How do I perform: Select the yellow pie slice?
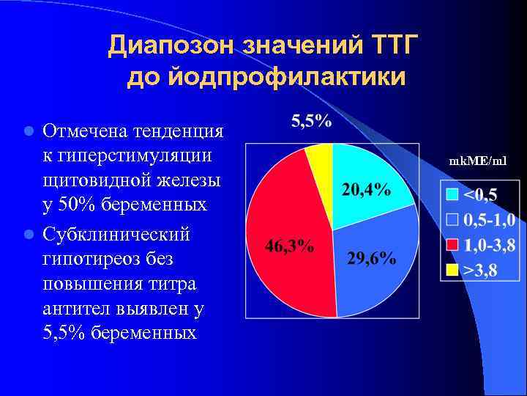[320, 158]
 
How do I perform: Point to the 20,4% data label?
[365, 190]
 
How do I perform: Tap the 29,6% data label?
[371, 258]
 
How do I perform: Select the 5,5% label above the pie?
[311, 122]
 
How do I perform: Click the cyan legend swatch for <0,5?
[452, 195]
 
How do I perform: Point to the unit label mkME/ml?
[477, 161]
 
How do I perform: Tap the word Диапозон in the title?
[172, 46]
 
